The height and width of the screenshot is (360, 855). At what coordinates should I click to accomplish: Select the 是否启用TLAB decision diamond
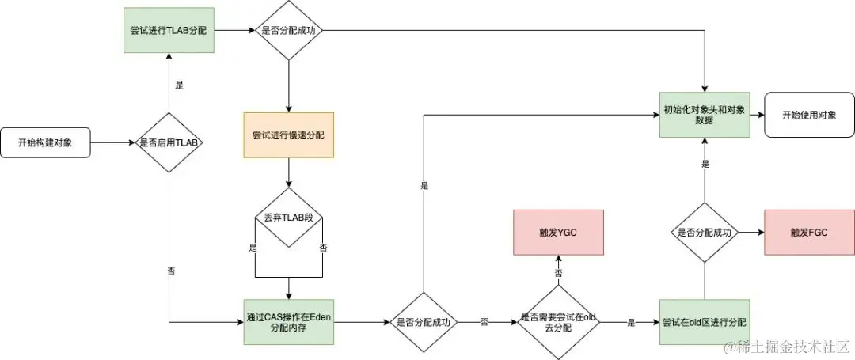tap(169, 143)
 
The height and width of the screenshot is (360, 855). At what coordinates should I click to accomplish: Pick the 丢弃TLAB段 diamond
tap(288, 217)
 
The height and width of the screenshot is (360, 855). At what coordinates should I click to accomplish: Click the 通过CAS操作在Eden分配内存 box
tap(288, 322)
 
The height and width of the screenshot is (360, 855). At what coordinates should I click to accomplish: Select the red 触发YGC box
tap(558, 233)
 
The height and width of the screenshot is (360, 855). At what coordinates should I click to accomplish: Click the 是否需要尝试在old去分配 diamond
tap(558, 322)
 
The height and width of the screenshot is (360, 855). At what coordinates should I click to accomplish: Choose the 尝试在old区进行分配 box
tap(704, 322)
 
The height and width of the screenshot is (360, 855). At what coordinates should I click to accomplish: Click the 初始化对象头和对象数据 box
tap(704, 114)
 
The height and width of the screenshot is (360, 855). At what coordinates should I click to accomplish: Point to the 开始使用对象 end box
tap(808, 114)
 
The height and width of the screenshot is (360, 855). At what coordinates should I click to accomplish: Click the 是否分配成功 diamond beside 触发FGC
tap(704, 233)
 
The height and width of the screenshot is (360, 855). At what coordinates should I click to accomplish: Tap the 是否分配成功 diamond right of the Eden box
tap(423, 322)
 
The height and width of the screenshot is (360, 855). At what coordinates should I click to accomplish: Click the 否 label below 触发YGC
tap(558, 272)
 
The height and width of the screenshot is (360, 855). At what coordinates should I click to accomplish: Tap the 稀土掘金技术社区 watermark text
tap(792, 346)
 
